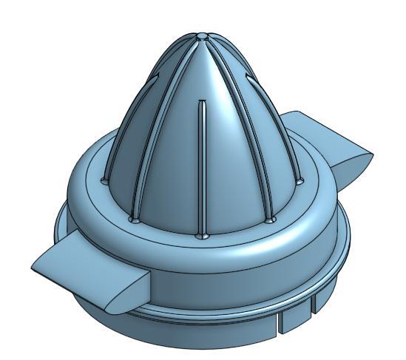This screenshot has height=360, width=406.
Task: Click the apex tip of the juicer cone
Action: click(x=203, y=34)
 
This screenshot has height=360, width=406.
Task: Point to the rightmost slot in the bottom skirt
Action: click(x=314, y=301)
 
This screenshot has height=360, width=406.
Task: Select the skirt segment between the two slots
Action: click(x=297, y=313)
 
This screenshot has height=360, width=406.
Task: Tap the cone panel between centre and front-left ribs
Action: click(x=169, y=163)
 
